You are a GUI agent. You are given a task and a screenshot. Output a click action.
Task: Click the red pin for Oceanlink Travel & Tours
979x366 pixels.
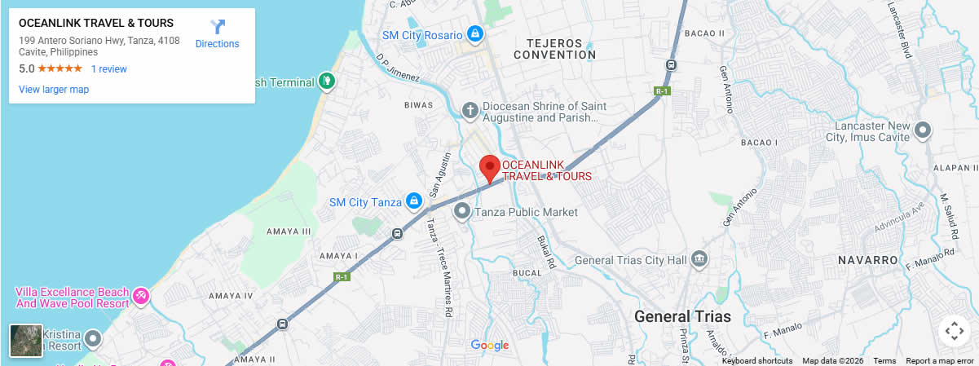click(x=489, y=167)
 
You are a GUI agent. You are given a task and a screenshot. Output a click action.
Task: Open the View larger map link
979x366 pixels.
click(x=54, y=90)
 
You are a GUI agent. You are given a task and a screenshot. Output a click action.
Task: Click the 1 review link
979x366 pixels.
click(x=109, y=69)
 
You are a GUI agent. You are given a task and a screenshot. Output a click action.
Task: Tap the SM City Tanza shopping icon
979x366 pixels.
click(x=413, y=201)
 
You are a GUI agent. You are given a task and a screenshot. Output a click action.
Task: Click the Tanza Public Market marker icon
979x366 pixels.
click(x=462, y=212)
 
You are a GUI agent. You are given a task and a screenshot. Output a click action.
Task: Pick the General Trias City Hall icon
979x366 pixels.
click(x=699, y=260)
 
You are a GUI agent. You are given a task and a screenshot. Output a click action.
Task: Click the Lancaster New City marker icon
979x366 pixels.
click(x=923, y=130)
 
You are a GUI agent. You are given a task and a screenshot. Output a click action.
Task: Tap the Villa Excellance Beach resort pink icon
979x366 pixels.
click(x=141, y=294)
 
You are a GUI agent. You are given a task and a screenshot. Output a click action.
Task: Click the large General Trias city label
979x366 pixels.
click(x=682, y=316)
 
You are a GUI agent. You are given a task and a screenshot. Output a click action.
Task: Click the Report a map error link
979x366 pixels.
click(x=939, y=361)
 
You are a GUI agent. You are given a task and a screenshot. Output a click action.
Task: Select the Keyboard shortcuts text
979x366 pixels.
click(x=756, y=361)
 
